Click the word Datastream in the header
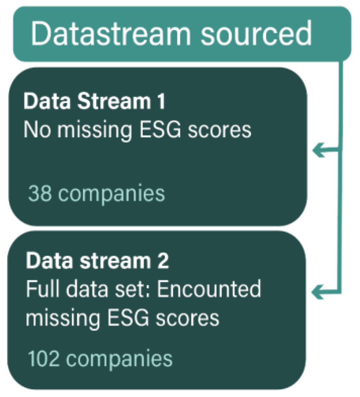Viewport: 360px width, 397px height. coord(111,34)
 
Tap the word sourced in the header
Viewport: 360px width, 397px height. coord(256,34)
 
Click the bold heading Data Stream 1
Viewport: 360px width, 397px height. coord(94,101)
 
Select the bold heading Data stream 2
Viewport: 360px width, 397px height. coord(97,261)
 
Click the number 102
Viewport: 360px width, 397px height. coord(44,359)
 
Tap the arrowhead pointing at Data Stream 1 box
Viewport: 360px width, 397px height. coord(318,150)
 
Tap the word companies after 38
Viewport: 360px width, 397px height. coord(111,194)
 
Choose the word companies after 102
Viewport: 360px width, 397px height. coord(119,359)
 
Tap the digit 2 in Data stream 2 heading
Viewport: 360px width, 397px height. coord(163,261)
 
